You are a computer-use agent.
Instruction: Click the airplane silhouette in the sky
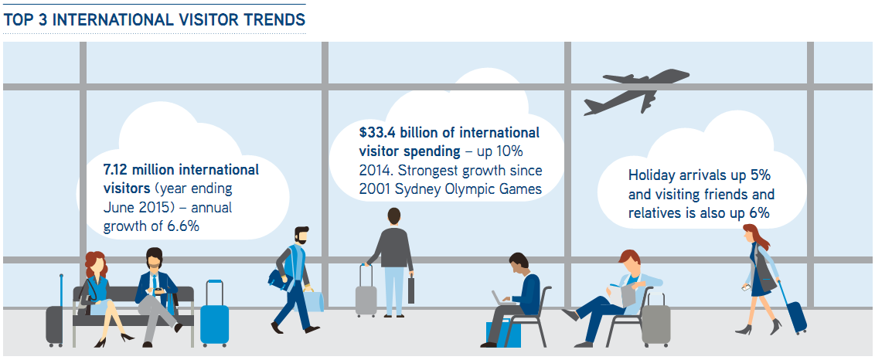pyautogui.click(x=637, y=90)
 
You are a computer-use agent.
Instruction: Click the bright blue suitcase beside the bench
pyautogui.click(x=214, y=314)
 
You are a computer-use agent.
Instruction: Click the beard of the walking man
pyautogui.click(x=301, y=238)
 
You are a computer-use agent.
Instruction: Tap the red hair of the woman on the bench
pyautogui.click(x=95, y=263)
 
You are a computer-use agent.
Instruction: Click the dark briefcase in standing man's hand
pyautogui.click(x=410, y=289)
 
